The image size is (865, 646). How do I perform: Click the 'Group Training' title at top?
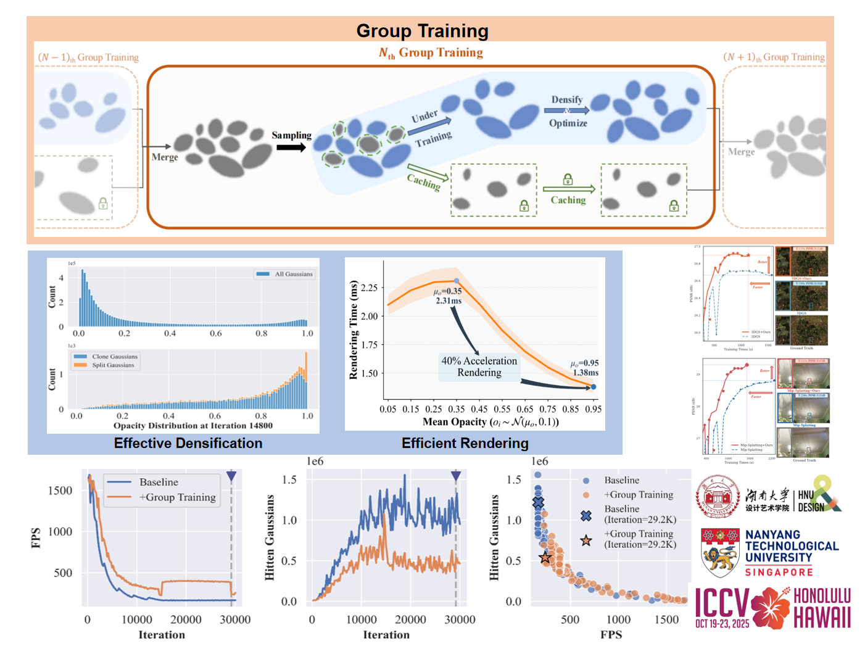[x=422, y=31]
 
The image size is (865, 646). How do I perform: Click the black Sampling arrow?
[x=291, y=147]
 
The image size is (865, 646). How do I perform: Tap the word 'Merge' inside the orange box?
[x=165, y=157]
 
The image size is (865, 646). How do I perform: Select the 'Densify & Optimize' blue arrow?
[x=566, y=110]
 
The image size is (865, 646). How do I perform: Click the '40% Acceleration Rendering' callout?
[x=479, y=366]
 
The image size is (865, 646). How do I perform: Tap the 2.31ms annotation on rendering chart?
[x=449, y=301]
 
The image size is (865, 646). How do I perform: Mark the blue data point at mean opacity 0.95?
[x=594, y=387]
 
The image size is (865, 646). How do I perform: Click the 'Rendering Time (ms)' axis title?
[x=354, y=330]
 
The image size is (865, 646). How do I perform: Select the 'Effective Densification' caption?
[x=188, y=443]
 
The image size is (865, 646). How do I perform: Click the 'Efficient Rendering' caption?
[x=465, y=443]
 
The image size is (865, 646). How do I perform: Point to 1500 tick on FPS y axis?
[x=60, y=491]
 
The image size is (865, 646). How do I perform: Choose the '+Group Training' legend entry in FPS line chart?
[x=177, y=497]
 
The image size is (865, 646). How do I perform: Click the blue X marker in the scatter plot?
[x=539, y=503]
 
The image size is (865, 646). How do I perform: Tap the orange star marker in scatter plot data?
[x=545, y=558]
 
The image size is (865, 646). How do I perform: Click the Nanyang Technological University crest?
[x=720, y=552]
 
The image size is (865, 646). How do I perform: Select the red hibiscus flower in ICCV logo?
[x=770, y=607]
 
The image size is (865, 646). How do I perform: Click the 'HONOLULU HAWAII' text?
[x=822, y=607]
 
